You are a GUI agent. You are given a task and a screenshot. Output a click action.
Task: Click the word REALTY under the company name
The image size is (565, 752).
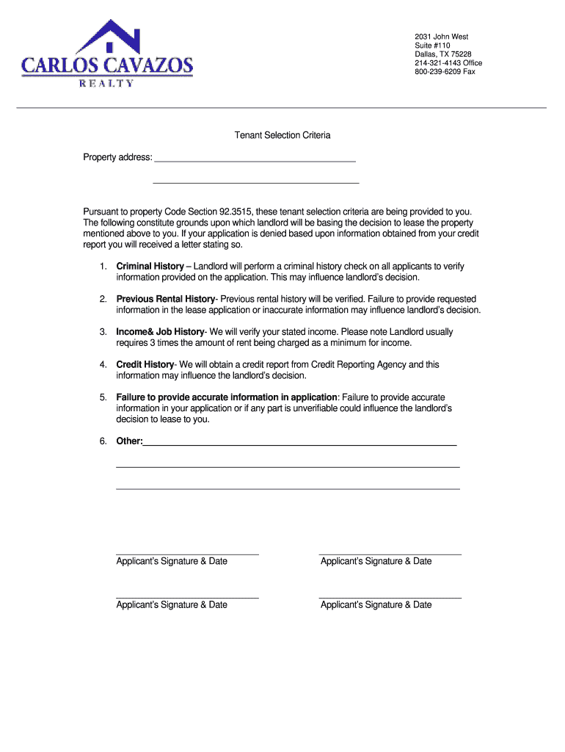[106, 83]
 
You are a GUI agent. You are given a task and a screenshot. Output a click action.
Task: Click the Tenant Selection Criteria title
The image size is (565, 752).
[282, 135]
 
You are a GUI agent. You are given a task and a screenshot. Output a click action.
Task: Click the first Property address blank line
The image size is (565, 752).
[255, 158]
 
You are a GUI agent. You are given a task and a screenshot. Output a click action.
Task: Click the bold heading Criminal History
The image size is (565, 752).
[150, 266]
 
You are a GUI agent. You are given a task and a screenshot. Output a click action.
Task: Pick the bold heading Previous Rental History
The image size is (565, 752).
[165, 299]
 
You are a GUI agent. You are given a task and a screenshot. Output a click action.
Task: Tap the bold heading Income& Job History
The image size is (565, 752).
[159, 332]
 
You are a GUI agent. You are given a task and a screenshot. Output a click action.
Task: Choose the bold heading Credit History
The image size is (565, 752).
[145, 364]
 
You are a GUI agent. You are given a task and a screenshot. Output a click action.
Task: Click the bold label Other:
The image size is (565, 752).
[129, 441]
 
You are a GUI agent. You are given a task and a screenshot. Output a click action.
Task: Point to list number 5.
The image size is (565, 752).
[103, 397]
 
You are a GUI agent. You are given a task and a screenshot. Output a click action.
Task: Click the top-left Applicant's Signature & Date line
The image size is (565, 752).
[187, 552]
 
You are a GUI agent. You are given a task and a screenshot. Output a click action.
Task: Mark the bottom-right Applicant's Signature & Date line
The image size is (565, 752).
[390, 596]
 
